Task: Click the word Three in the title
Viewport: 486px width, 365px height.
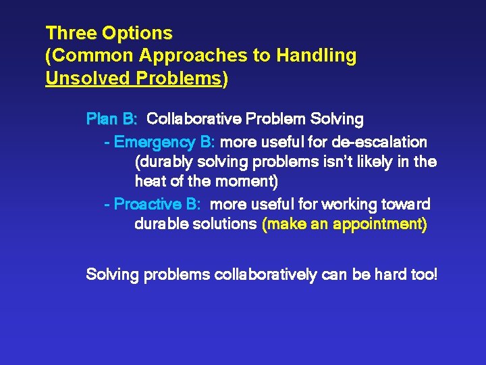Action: click(x=72, y=32)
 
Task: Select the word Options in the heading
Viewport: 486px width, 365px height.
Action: click(x=138, y=32)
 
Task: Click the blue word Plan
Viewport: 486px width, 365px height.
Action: click(x=102, y=120)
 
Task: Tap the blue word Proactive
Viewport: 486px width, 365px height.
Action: click(x=157, y=204)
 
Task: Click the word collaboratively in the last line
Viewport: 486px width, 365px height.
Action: click(x=264, y=275)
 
